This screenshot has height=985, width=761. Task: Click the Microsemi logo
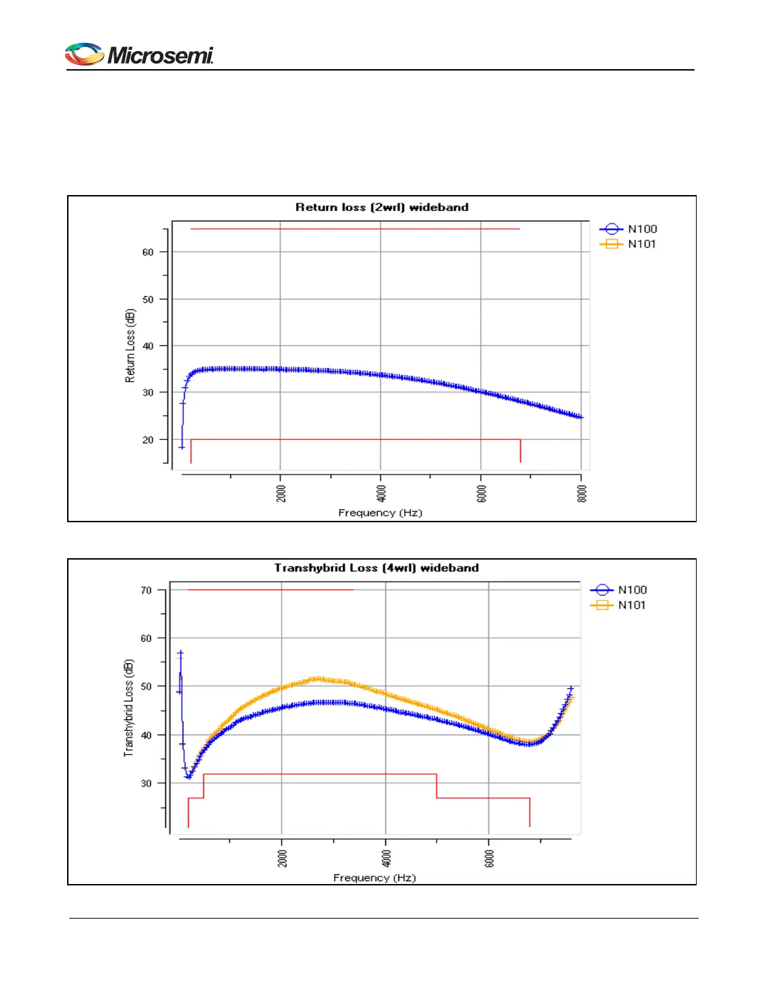click(x=139, y=55)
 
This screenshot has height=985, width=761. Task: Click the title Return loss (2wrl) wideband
click(x=382, y=207)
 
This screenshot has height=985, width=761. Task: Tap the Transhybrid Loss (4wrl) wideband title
click(x=376, y=568)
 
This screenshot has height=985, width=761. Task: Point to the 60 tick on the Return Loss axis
click(x=148, y=252)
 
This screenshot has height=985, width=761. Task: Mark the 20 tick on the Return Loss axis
click(x=148, y=440)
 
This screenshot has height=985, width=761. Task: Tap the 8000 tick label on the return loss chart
click(x=583, y=494)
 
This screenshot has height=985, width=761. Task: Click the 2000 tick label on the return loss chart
click(x=282, y=494)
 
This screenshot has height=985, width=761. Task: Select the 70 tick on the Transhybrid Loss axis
click(x=146, y=591)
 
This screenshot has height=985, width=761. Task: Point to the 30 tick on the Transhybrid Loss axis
click(x=146, y=784)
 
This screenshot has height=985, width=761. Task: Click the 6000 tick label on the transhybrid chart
click(x=490, y=858)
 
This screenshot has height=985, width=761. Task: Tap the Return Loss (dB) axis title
click(x=130, y=346)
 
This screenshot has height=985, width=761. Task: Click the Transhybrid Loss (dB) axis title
click(x=129, y=708)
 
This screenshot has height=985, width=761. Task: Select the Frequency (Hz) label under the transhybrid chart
click(x=374, y=878)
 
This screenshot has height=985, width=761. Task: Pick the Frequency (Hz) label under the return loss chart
click(x=380, y=513)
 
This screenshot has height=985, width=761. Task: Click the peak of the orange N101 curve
click(x=317, y=679)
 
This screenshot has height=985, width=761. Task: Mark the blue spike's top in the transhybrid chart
click(x=181, y=652)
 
